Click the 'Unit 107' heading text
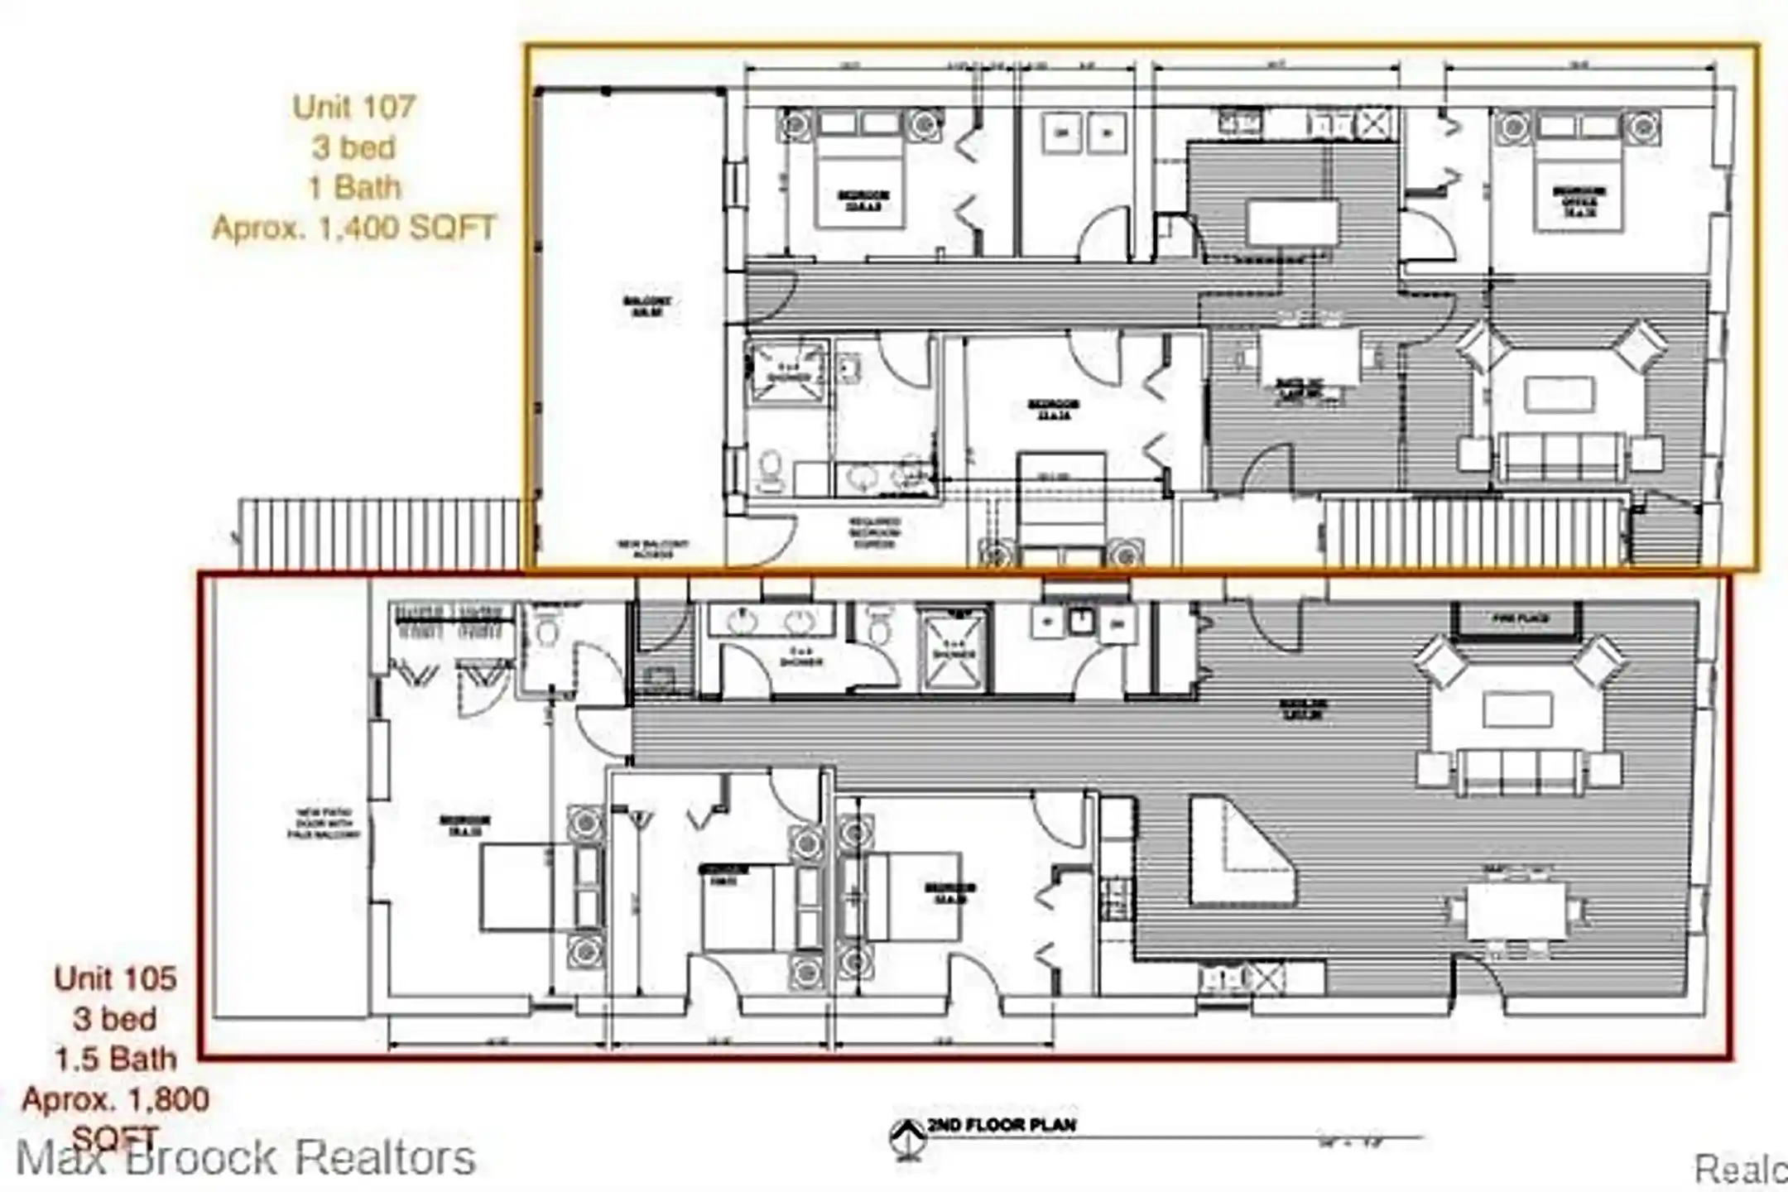tap(353, 106)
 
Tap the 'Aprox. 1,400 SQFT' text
tap(353, 227)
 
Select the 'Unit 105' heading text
tap(115, 978)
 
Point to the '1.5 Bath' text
tap(115, 1059)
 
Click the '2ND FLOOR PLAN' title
tap(1001, 1125)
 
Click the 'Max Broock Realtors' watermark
tap(246, 1157)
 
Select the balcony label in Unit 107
tap(646, 305)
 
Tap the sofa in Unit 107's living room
tap(1560, 455)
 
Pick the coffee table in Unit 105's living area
tap(1516, 710)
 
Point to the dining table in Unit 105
tap(1516, 911)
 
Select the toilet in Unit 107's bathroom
tap(771, 471)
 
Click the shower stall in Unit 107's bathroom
tap(786, 373)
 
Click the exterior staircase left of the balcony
tap(379, 533)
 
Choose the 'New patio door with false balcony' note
tap(324, 823)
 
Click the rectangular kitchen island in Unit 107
tap(1292, 223)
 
